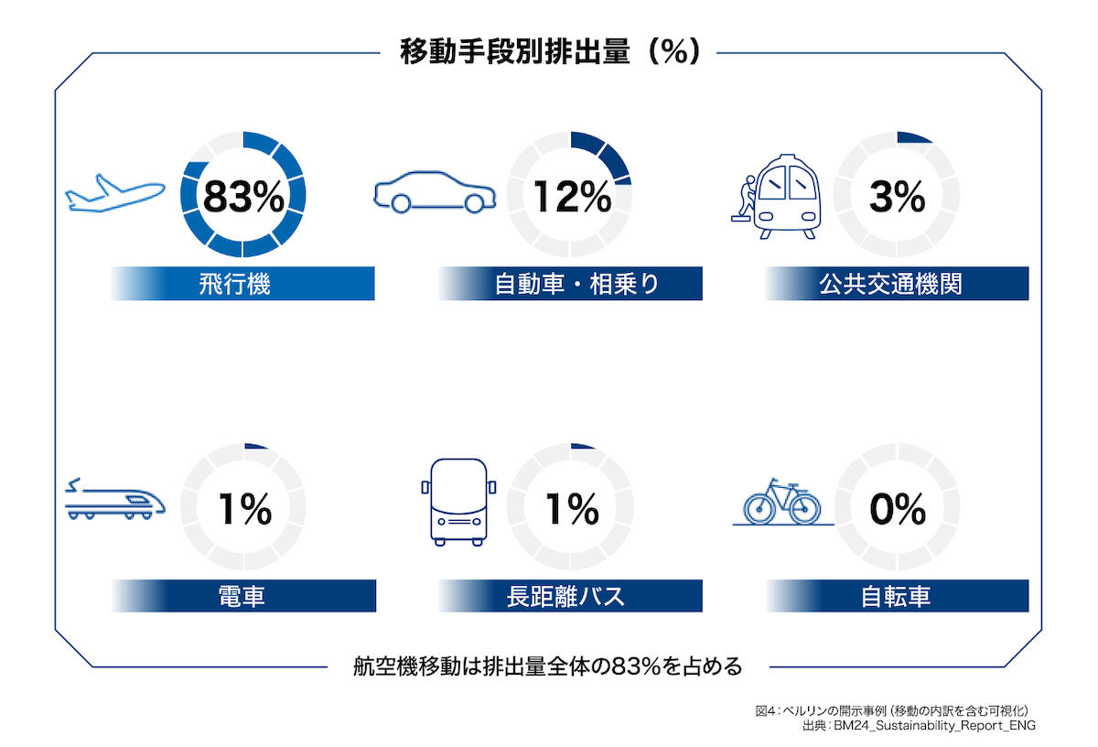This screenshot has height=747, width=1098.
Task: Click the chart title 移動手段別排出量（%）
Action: click(549, 52)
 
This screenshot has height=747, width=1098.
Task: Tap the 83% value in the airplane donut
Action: click(243, 197)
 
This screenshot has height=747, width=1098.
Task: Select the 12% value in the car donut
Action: click(571, 197)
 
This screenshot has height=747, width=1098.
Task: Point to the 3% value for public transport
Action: click(898, 197)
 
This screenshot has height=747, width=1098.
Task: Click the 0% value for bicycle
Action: click(898, 510)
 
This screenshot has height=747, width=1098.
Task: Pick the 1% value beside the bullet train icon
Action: click(243, 510)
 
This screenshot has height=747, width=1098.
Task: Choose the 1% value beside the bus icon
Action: click(571, 510)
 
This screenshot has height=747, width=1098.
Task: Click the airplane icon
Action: click(115, 194)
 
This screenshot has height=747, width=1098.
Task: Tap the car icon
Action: click(435, 192)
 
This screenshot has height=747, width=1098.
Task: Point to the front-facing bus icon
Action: click(457, 502)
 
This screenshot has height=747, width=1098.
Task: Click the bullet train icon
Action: click(115, 500)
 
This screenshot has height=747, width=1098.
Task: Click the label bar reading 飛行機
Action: click(243, 284)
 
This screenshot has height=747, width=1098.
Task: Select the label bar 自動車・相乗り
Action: click(571, 284)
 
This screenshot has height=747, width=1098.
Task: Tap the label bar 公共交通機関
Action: click(898, 284)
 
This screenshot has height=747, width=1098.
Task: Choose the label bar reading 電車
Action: click(243, 597)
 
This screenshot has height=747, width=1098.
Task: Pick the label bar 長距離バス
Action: click(571, 597)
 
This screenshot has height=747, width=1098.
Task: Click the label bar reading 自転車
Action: click(898, 597)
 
